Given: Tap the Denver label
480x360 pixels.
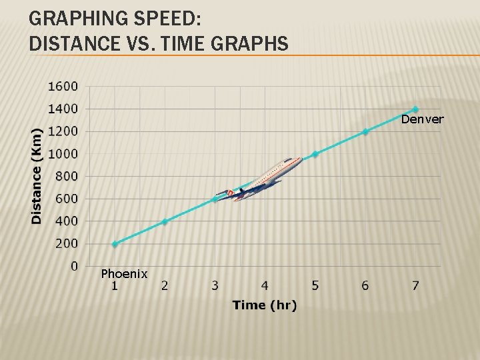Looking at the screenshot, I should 422,119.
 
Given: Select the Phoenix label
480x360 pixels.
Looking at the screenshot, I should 124,274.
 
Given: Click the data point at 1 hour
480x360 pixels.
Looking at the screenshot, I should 115,244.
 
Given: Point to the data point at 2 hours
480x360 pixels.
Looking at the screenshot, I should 165,221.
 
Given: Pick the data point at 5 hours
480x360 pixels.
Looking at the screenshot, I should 315,154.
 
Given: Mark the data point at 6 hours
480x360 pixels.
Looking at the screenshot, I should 365,131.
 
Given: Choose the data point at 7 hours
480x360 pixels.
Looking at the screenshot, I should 415,109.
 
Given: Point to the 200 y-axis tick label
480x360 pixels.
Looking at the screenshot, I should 67,243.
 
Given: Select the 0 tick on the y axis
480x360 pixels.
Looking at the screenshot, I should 74,266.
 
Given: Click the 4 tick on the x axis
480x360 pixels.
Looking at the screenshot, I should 265,286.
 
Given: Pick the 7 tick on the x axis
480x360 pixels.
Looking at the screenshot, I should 415,286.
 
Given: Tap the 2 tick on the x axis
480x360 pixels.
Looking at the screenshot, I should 165,286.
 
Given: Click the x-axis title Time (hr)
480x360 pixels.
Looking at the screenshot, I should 265,305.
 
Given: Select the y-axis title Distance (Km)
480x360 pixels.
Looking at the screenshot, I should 37,175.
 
